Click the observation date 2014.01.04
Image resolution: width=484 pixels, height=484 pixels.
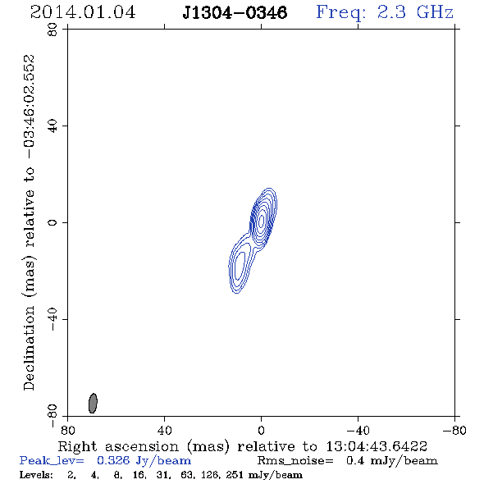tap(83, 12)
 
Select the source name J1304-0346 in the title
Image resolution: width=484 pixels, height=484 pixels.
tap(235, 12)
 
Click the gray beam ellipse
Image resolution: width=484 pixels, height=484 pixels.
tap(93, 403)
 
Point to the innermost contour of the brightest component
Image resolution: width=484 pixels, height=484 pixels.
tap(262, 220)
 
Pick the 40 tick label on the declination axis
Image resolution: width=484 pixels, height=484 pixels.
tap(53, 126)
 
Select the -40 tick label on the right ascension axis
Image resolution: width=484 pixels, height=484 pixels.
tap(358, 430)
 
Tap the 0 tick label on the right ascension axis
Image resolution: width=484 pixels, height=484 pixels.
tap(261, 430)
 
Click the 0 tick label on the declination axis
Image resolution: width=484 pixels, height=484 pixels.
tap(53, 222)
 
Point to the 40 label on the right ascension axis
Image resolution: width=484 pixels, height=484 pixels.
tap(164, 430)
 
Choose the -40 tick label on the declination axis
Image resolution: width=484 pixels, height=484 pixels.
tap(53, 319)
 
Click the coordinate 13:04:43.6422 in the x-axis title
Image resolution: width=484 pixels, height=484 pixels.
tap(377, 446)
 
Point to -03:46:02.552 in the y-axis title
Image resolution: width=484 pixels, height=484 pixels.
tap(30, 107)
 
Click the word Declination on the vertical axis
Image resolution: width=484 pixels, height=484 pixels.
tap(30, 348)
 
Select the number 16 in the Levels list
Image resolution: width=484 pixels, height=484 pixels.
tap(138, 475)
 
